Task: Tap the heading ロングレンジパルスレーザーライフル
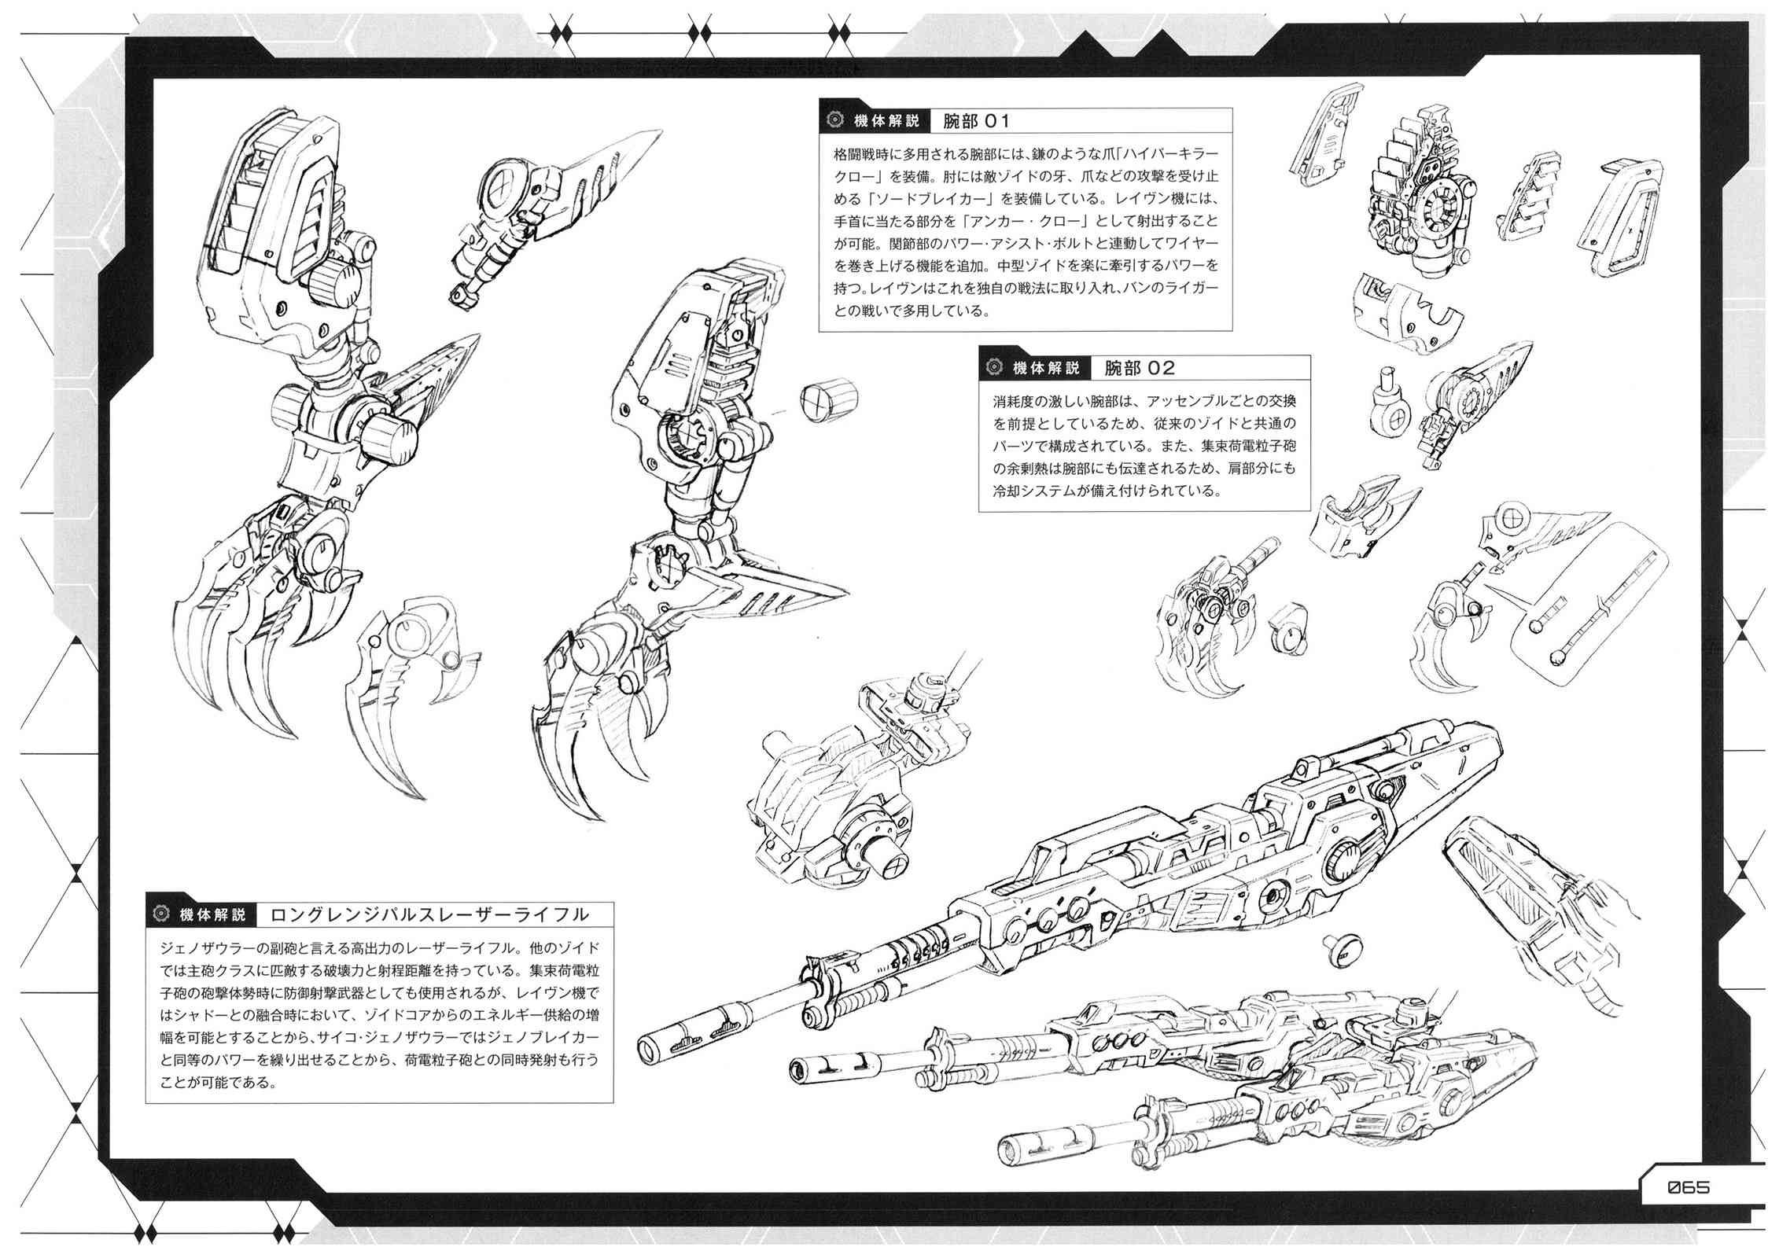(429, 914)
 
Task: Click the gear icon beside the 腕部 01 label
(834, 121)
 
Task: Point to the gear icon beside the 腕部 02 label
(994, 367)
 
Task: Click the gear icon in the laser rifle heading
(162, 914)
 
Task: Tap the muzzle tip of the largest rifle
(649, 1046)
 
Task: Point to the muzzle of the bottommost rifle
(1008, 1145)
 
